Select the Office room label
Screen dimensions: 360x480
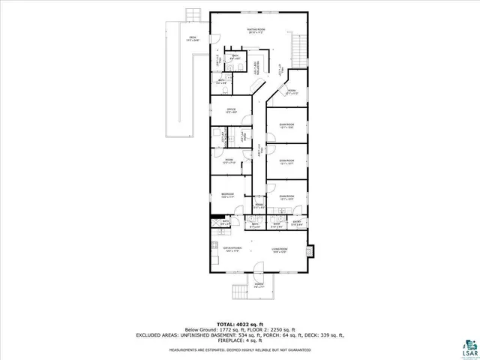pyautogui.click(x=232, y=111)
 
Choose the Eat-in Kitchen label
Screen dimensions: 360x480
pyautogui.click(x=230, y=248)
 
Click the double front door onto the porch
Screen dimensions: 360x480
pyautogui.click(x=258, y=271)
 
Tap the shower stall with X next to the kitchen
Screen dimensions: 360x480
pyautogui.click(x=214, y=222)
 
